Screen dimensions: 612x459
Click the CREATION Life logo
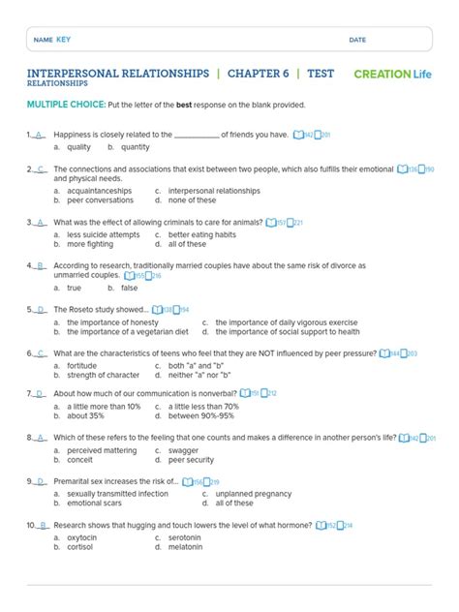click(x=393, y=74)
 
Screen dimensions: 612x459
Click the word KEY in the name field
click(x=64, y=40)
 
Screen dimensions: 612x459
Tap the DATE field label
click(x=357, y=40)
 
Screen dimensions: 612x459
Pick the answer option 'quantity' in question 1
click(x=136, y=147)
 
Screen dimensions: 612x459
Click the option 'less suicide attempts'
click(x=103, y=234)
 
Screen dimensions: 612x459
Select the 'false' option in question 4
click(x=129, y=288)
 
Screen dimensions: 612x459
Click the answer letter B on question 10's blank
click(x=43, y=525)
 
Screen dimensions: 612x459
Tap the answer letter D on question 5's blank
click(x=41, y=310)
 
